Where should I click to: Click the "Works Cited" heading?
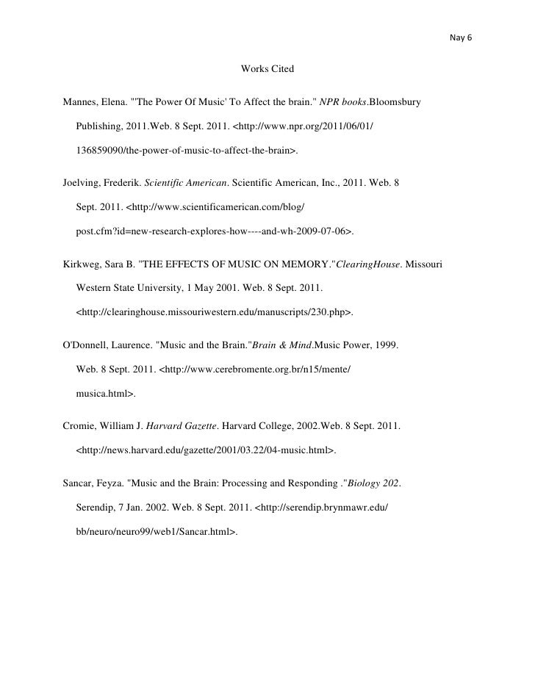267,69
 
